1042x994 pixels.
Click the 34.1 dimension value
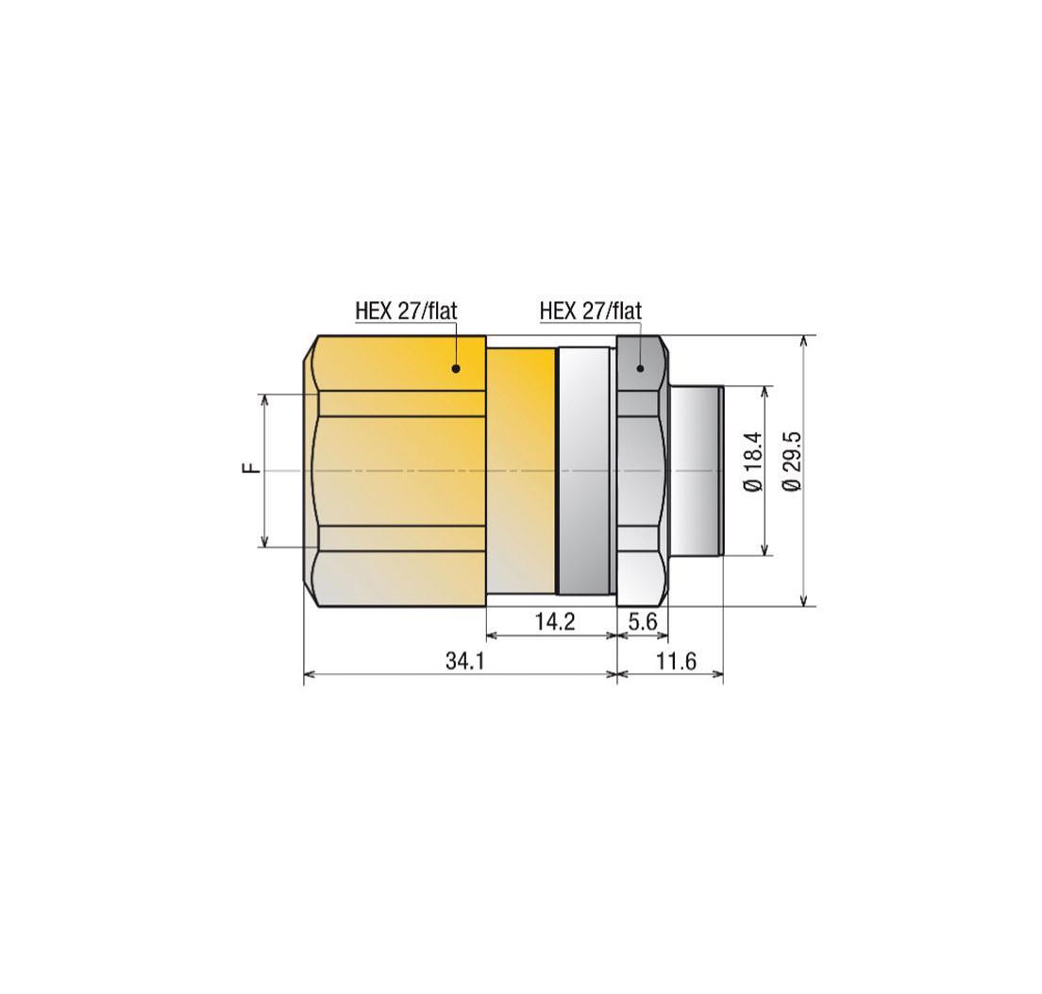pyautogui.click(x=464, y=662)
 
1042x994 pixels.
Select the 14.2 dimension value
pyautogui.click(x=555, y=622)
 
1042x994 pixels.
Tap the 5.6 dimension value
pyautogui.click(x=643, y=622)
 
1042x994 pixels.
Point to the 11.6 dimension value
pyautogui.click(x=677, y=662)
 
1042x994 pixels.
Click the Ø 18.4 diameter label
pyautogui.click(x=753, y=461)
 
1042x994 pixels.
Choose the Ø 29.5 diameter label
pyautogui.click(x=793, y=461)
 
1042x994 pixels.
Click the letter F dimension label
pyautogui.click(x=250, y=469)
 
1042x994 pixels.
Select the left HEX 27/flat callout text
pyautogui.click(x=406, y=311)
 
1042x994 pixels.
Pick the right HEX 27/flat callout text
pyautogui.click(x=591, y=311)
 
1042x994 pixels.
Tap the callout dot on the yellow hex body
pyautogui.click(x=456, y=367)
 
